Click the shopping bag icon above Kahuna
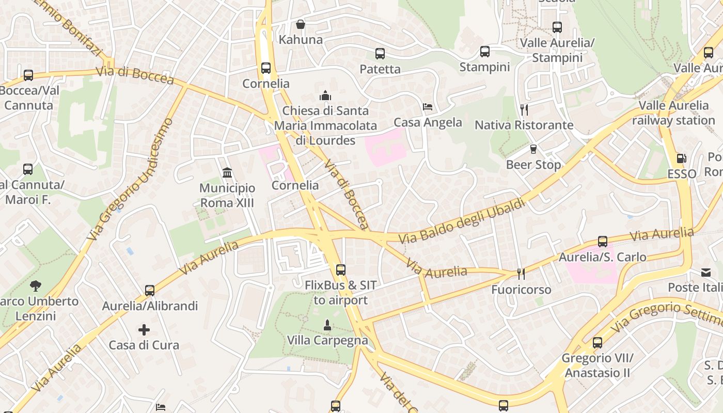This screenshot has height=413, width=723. (300, 24)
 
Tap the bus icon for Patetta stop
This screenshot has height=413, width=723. (380, 53)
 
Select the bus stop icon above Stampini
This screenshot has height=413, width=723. (484, 52)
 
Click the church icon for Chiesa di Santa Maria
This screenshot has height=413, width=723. (325, 95)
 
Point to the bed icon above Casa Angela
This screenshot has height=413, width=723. (428, 107)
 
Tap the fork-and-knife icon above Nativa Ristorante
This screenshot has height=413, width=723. (524, 109)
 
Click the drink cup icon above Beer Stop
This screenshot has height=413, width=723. (533, 149)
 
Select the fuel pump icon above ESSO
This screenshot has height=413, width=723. (682, 158)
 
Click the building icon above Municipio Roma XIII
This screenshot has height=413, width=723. (227, 172)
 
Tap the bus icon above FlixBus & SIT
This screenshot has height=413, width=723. (340, 269)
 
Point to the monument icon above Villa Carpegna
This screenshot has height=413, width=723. (327, 325)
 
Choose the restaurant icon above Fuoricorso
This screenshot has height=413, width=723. (521, 274)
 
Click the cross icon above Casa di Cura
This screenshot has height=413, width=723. (144, 329)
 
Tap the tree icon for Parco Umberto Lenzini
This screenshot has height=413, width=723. (36, 285)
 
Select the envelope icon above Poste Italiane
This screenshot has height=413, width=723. (705, 272)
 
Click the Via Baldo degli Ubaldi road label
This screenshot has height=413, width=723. (462, 220)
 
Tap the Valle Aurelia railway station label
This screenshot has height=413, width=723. (673, 113)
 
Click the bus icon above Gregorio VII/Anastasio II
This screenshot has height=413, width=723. (598, 342)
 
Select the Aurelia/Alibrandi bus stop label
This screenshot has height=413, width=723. (150, 306)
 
